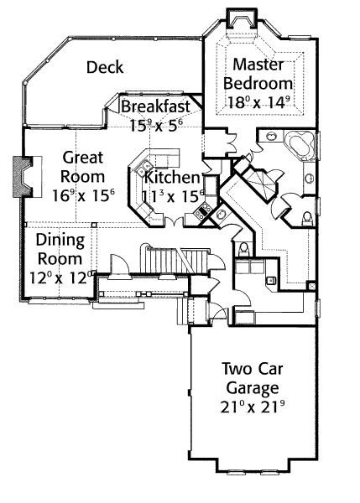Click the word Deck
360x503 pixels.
tap(105, 67)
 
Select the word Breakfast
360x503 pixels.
tap(156, 106)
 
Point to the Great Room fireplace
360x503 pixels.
tap(23, 177)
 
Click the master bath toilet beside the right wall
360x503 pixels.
tap(307, 218)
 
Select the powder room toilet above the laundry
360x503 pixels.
tap(244, 249)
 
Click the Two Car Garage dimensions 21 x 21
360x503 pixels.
tap(253, 407)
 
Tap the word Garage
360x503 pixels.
tap(253, 389)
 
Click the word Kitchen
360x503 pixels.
tap(173, 178)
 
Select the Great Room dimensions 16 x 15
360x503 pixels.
tap(84, 195)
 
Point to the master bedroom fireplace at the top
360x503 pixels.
tap(242, 20)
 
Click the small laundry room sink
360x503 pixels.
tap(271, 280)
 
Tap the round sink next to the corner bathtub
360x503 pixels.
tap(271, 136)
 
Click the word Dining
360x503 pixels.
tap(60, 241)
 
